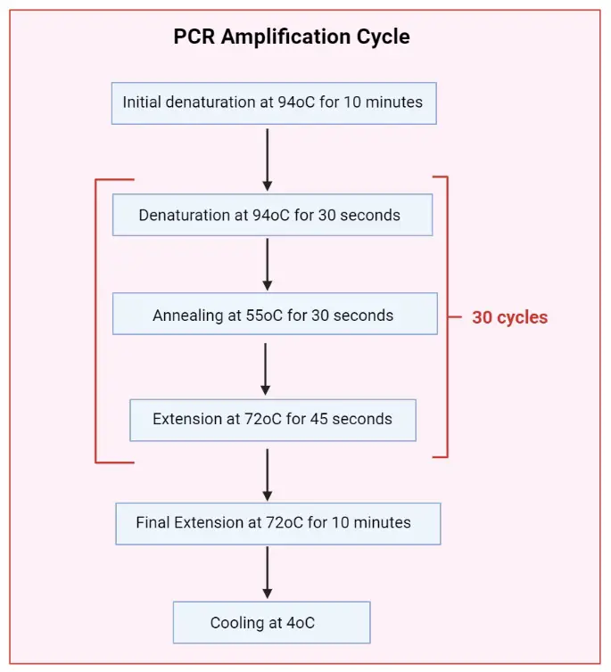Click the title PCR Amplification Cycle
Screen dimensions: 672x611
(x=292, y=37)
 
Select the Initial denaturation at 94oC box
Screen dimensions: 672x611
(x=273, y=102)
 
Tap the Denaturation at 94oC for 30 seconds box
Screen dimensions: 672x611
(x=272, y=215)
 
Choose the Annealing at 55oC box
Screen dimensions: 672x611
(x=275, y=315)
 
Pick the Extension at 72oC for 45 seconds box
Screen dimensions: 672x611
(x=273, y=419)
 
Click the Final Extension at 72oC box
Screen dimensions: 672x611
(x=277, y=522)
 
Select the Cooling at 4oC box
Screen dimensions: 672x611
(x=271, y=622)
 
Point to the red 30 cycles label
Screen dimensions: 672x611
(x=509, y=317)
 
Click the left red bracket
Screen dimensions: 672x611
(x=96, y=321)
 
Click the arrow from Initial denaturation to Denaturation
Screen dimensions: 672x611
(x=267, y=157)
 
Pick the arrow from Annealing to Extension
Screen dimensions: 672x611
(x=265, y=367)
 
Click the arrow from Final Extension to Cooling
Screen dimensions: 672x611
(x=267, y=573)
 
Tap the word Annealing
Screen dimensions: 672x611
(x=187, y=316)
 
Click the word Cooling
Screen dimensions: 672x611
(x=236, y=623)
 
